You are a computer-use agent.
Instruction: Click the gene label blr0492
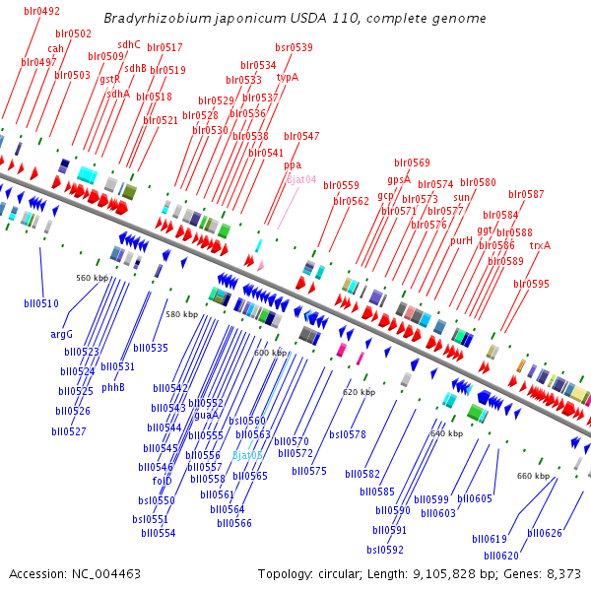click(39, 11)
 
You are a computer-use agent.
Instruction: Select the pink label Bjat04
click(300, 179)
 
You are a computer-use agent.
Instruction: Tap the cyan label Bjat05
click(246, 455)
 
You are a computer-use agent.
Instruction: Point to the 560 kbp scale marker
click(92, 278)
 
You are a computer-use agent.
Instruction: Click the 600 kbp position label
click(270, 352)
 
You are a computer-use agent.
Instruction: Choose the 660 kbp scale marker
click(533, 476)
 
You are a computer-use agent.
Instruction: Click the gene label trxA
click(540, 245)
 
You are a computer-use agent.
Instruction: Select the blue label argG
click(62, 334)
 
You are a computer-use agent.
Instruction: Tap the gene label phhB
click(113, 387)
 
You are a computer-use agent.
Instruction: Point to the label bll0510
click(40, 303)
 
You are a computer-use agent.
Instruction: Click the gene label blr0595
click(531, 284)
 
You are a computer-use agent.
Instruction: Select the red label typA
click(287, 77)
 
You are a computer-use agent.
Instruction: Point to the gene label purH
click(461, 240)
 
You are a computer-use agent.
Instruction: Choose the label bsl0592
click(385, 550)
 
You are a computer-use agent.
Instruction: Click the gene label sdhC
click(129, 44)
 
